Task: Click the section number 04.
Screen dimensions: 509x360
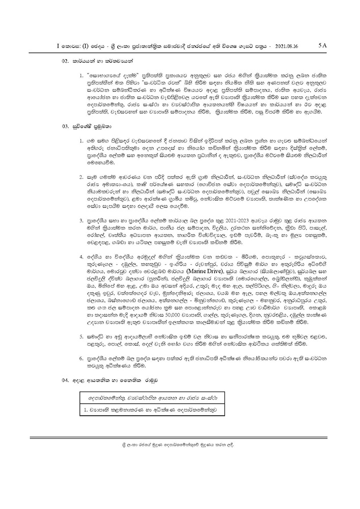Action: coord(65,380)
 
